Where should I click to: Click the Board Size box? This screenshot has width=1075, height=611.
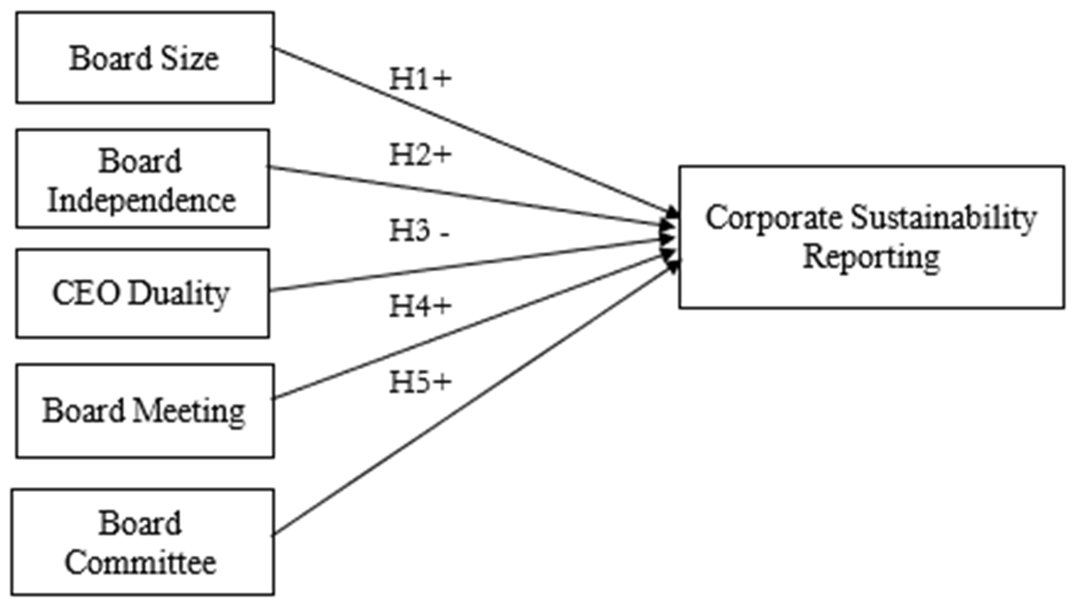point(145,57)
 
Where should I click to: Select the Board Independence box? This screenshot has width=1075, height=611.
point(143,179)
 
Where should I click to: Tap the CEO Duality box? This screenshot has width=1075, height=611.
point(143,293)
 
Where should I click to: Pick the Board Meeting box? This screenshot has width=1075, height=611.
point(145,411)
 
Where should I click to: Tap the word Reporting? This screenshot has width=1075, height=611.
point(871,257)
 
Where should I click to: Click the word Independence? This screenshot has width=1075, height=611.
point(141,201)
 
